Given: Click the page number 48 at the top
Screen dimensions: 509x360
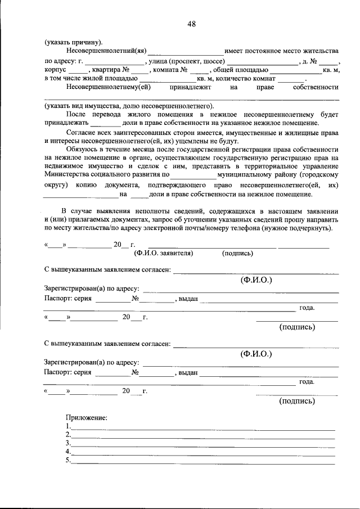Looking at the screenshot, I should [192, 24].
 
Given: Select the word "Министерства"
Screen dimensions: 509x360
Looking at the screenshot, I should [69, 175].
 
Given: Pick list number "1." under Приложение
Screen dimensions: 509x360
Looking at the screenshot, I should [68, 426].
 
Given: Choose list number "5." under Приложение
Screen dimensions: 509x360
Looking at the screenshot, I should [68, 461].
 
